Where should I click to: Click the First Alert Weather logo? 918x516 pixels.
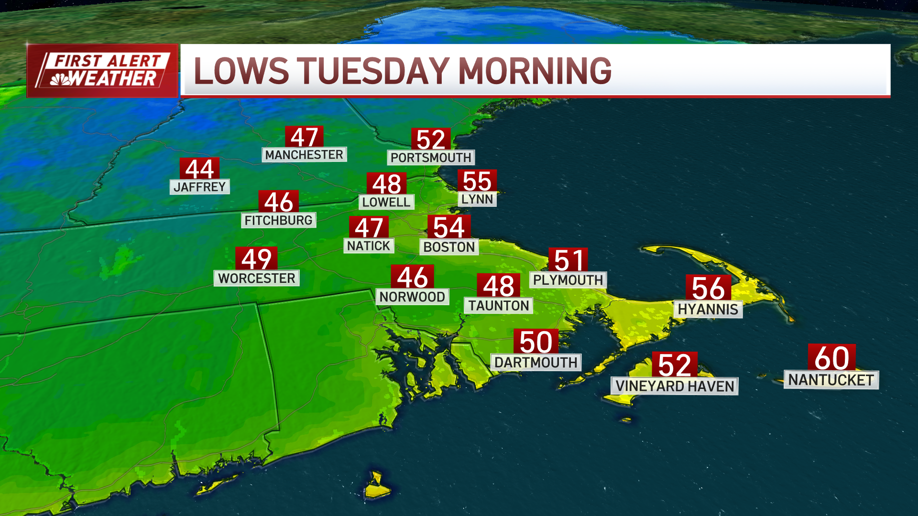point(102,71)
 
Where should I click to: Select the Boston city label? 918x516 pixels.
point(449,247)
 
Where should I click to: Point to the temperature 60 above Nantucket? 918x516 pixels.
point(831,358)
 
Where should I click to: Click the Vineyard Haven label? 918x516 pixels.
point(674,386)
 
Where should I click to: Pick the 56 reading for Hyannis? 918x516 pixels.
point(708,288)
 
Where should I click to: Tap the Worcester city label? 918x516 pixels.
point(256,278)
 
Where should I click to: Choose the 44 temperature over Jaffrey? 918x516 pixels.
point(199,169)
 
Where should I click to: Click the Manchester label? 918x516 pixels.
point(304,155)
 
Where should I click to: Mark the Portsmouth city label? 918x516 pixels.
point(431,158)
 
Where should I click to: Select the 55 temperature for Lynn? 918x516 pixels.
point(477,181)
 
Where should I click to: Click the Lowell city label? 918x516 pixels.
point(386,202)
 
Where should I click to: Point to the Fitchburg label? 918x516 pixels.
point(278,220)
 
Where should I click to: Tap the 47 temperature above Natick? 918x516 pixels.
point(369,227)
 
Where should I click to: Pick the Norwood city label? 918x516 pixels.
point(412,297)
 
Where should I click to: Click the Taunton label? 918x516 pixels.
point(498,306)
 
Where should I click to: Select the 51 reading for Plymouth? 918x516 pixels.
point(568,260)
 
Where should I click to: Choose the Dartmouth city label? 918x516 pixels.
point(536,363)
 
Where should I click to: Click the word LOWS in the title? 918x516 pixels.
point(241,71)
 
